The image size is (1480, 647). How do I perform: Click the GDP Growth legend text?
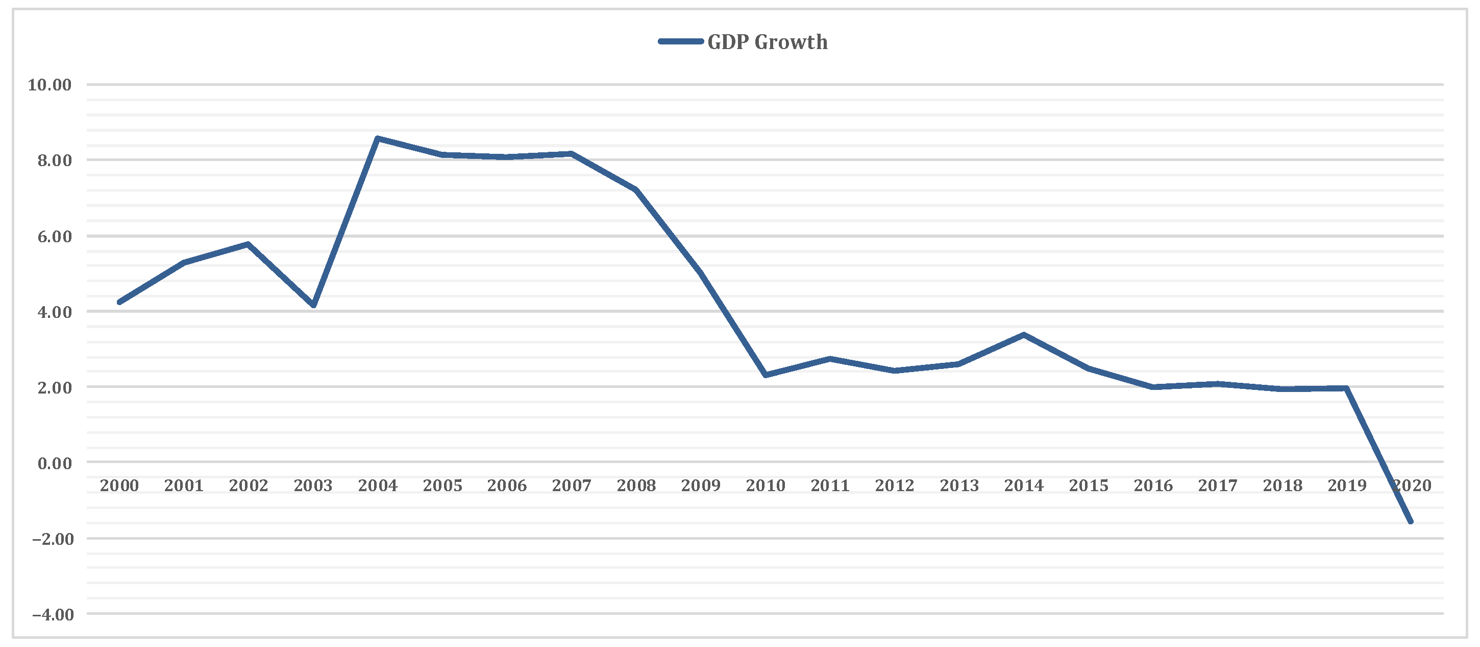click(x=767, y=42)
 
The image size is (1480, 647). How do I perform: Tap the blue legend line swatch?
click(x=681, y=41)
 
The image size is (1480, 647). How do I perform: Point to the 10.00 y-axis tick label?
click(x=50, y=85)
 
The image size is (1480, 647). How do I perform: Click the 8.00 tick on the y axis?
click(x=55, y=160)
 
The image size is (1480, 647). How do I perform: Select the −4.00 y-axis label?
click(x=53, y=615)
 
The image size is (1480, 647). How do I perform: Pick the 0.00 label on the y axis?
click(x=55, y=464)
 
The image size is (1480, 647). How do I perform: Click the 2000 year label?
click(x=119, y=486)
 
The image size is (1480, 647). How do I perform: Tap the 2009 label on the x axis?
click(x=700, y=486)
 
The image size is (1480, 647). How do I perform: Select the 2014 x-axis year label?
click(x=1023, y=486)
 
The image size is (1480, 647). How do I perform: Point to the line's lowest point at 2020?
click(x=1411, y=522)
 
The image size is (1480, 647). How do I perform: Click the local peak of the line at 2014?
click(x=1023, y=335)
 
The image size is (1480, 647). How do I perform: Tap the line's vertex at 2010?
click(x=766, y=375)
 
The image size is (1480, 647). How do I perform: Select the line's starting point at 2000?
click(x=119, y=302)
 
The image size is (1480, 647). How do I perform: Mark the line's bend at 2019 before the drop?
click(x=1346, y=389)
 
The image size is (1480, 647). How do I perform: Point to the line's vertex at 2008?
click(x=636, y=190)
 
